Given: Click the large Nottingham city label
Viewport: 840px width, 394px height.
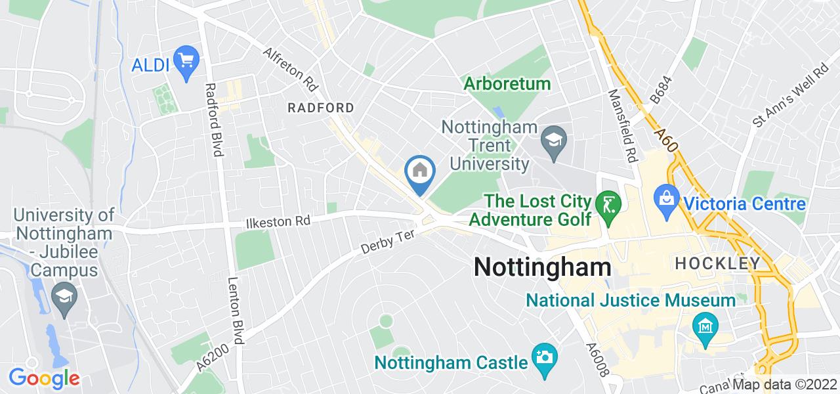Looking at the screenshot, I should tap(542, 267).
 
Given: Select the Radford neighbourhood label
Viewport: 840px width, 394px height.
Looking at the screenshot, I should tap(322, 108).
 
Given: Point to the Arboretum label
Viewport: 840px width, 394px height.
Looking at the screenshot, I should tap(507, 84).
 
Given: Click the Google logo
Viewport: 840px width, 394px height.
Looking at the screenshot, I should tap(44, 378).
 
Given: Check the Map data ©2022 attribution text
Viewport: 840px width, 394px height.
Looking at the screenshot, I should tap(785, 385).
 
